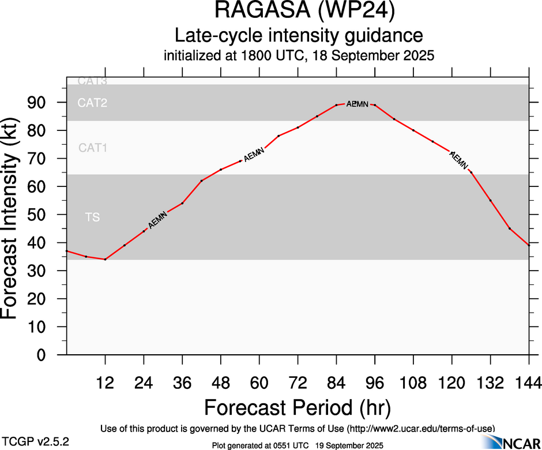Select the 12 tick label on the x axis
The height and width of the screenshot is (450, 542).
[x=105, y=382]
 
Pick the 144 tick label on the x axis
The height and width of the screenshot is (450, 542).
[x=528, y=382]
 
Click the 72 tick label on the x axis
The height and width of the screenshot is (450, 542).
[x=298, y=382]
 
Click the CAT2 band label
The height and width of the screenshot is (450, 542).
[x=93, y=103]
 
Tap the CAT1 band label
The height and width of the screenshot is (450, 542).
[x=93, y=148]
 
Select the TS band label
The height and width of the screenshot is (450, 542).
[x=92, y=217]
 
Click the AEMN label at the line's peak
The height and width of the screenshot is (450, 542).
[x=357, y=104]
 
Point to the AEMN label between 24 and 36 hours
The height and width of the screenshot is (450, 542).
[x=157, y=220]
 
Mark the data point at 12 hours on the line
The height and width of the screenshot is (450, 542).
[x=105, y=260]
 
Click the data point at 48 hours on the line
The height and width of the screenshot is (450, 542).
[x=221, y=170]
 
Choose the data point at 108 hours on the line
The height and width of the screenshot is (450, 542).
[x=413, y=130]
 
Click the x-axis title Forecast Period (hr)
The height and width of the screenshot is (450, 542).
[x=298, y=407]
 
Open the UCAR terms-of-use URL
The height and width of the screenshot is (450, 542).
[x=420, y=429]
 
